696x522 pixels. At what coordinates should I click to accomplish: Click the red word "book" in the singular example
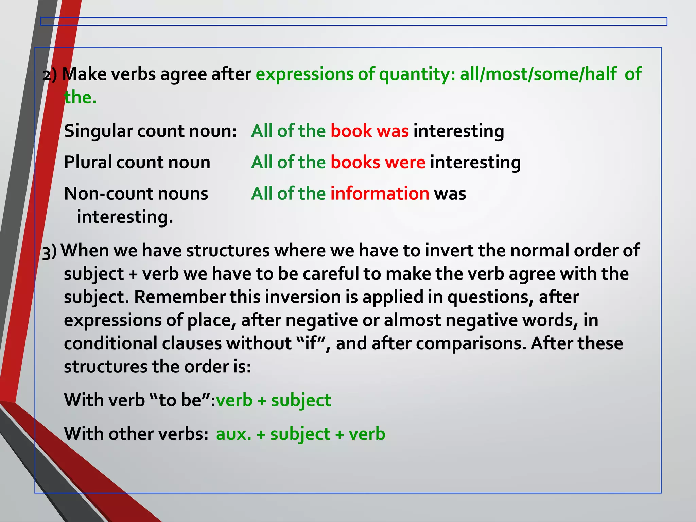point(351,131)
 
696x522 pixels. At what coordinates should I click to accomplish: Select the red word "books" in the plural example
point(355,162)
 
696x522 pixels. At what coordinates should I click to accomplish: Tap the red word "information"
point(380,193)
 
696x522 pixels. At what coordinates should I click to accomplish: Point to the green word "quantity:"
point(417,74)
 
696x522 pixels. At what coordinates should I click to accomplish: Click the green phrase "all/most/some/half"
point(538,74)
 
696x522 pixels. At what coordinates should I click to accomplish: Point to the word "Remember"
point(179,297)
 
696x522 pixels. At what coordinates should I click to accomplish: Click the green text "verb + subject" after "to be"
point(273,400)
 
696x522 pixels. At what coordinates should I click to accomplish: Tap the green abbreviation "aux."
point(234,434)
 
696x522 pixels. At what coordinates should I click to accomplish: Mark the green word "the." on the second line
point(80,97)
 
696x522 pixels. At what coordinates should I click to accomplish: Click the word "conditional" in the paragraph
point(110,343)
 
